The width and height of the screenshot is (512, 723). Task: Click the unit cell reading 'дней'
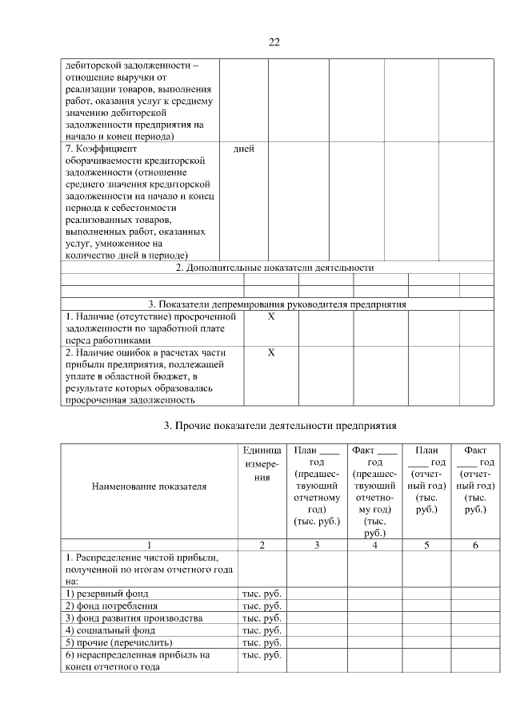pyautogui.click(x=243, y=149)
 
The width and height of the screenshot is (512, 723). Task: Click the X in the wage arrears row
pyautogui.click(x=270, y=317)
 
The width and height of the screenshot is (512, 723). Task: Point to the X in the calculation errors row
pyautogui.click(x=270, y=352)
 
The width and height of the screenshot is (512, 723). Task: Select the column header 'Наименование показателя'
pyautogui.click(x=149, y=485)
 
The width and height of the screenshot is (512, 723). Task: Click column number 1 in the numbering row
pyautogui.click(x=149, y=544)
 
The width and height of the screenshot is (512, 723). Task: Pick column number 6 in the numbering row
pyautogui.click(x=475, y=544)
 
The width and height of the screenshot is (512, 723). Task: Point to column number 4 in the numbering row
pyautogui.click(x=374, y=544)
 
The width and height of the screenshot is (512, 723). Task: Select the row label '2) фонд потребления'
pyautogui.click(x=113, y=606)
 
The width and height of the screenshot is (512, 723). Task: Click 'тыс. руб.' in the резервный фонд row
pyautogui.click(x=262, y=594)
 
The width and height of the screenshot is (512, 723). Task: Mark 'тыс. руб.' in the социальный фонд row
pyautogui.click(x=262, y=630)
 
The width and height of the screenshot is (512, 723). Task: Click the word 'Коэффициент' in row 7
pyautogui.click(x=106, y=149)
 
